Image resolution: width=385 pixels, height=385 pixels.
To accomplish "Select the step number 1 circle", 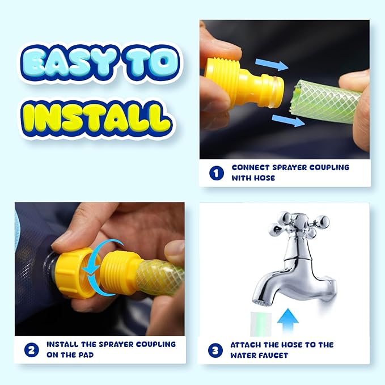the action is [217, 173].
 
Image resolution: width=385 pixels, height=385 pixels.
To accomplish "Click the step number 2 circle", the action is [31, 350].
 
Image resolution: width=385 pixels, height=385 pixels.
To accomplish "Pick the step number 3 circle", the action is [215, 350].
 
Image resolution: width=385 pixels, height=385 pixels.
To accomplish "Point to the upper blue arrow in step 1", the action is [272, 64].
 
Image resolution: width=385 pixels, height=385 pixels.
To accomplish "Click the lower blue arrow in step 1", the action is [289, 121].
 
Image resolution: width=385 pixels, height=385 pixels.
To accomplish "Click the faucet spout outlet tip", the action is [261, 303].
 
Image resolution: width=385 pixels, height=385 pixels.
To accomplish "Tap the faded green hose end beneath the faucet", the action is [261, 324].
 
